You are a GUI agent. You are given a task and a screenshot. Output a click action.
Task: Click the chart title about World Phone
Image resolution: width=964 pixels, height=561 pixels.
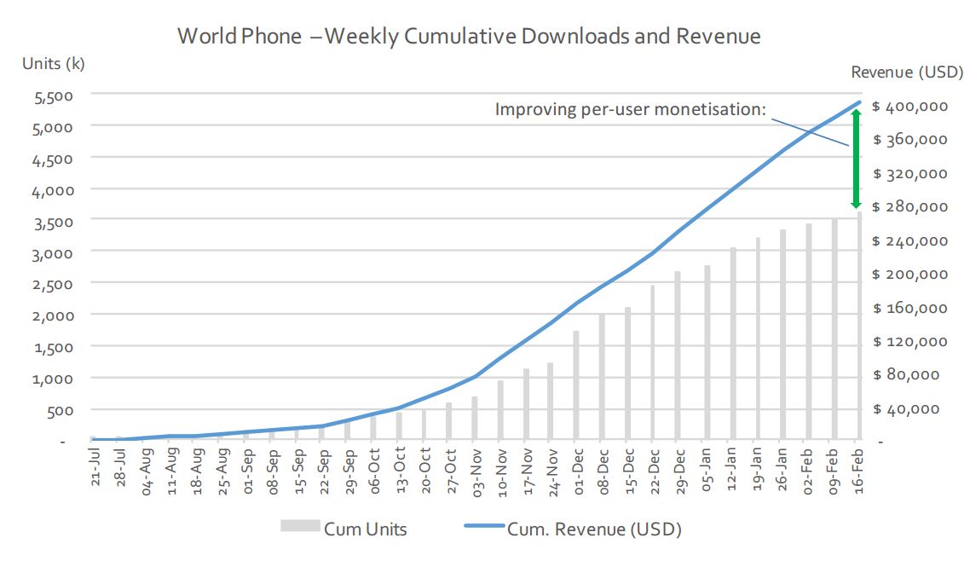point(468,37)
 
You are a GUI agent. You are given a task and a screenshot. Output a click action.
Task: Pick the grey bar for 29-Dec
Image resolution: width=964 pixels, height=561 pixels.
point(678,356)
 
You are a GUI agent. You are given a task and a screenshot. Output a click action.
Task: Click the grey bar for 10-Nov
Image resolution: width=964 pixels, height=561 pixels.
point(500,410)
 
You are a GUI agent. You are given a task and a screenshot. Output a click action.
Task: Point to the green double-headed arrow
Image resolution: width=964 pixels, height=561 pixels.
point(855,159)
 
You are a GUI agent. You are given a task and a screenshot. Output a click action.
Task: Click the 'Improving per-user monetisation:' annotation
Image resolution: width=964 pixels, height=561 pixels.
point(631,110)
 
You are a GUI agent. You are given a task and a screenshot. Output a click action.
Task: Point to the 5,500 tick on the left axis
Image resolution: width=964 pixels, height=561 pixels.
point(53,95)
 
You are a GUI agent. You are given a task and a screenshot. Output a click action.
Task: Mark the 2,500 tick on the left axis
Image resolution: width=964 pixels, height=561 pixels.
point(53,283)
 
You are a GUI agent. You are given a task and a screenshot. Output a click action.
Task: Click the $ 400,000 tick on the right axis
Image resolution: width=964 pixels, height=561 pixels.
point(910,107)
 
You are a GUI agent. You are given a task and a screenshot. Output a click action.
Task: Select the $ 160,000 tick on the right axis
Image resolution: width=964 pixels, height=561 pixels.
point(910,308)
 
